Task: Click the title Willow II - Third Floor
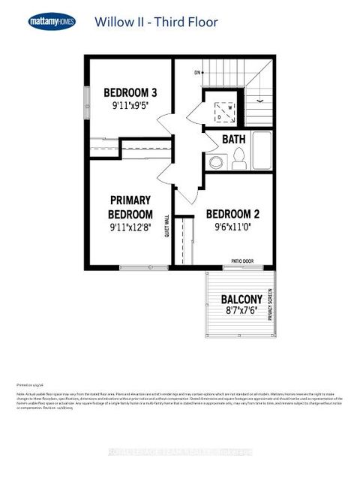tap(156, 22)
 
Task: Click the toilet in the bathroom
tap(239, 159)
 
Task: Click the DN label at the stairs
tap(198, 73)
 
